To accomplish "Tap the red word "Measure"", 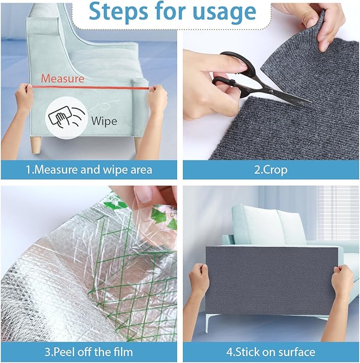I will click(x=63, y=78).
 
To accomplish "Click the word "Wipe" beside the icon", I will click(x=104, y=120).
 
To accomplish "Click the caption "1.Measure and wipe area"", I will click(x=90, y=170).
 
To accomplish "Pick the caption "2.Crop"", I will click(x=270, y=170).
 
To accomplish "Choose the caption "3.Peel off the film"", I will click(x=90, y=351).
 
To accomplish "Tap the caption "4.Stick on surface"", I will click(x=270, y=351).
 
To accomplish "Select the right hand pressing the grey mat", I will click(x=342, y=284).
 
